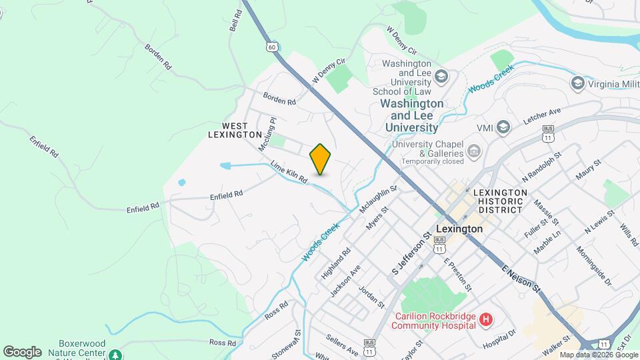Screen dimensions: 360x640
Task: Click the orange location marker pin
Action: click(320, 159)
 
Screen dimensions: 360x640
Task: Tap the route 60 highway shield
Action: click(271, 47)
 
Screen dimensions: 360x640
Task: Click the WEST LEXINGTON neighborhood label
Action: click(235, 130)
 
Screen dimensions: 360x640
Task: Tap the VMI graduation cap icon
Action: click(503, 127)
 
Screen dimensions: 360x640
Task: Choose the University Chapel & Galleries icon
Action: click(474, 151)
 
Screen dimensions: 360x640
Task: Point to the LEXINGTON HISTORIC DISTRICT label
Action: click(498, 201)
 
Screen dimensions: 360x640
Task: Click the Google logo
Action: click(22, 351)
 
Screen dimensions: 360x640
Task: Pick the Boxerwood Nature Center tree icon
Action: click(116, 353)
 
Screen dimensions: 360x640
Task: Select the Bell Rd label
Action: click(235, 21)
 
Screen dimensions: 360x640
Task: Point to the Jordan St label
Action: click(371, 297)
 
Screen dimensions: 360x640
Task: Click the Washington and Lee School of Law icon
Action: click(440, 75)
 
